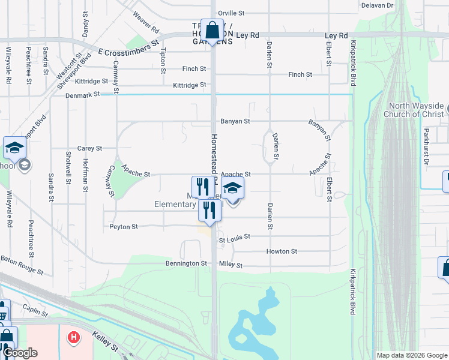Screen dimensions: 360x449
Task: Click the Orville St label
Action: [x=232, y=13]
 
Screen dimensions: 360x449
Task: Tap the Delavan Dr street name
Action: [x=377, y=5]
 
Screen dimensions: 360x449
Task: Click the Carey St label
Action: [x=90, y=148]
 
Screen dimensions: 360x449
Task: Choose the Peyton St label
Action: [x=124, y=227]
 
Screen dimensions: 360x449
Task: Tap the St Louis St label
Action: [x=234, y=238]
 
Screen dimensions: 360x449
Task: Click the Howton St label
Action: [x=282, y=251]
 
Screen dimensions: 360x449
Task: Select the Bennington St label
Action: [x=186, y=263]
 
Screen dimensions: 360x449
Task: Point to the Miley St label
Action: [x=231, y=265]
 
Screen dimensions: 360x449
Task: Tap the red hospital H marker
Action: [x=74, y=338]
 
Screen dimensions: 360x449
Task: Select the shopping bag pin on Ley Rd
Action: [x=212, y=29]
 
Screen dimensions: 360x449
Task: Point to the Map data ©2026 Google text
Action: [x=411, y=355]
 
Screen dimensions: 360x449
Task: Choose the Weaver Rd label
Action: [x=146, y=22]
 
